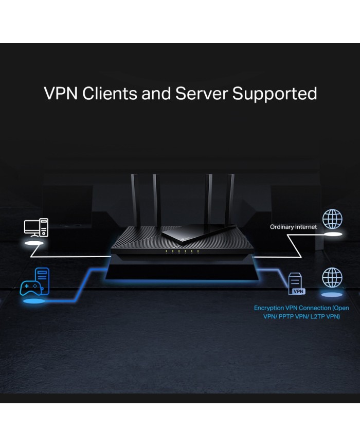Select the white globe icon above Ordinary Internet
pyautogui.click(x=332, y=219)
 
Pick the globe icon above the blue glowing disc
pyautogui.click(x=332, y=277)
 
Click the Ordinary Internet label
pyautogui.click(x=294, y=227)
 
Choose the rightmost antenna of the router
pyautogui.click(x=231, y=198)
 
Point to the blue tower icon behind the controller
pyautogui.click(x=42, y=278)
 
